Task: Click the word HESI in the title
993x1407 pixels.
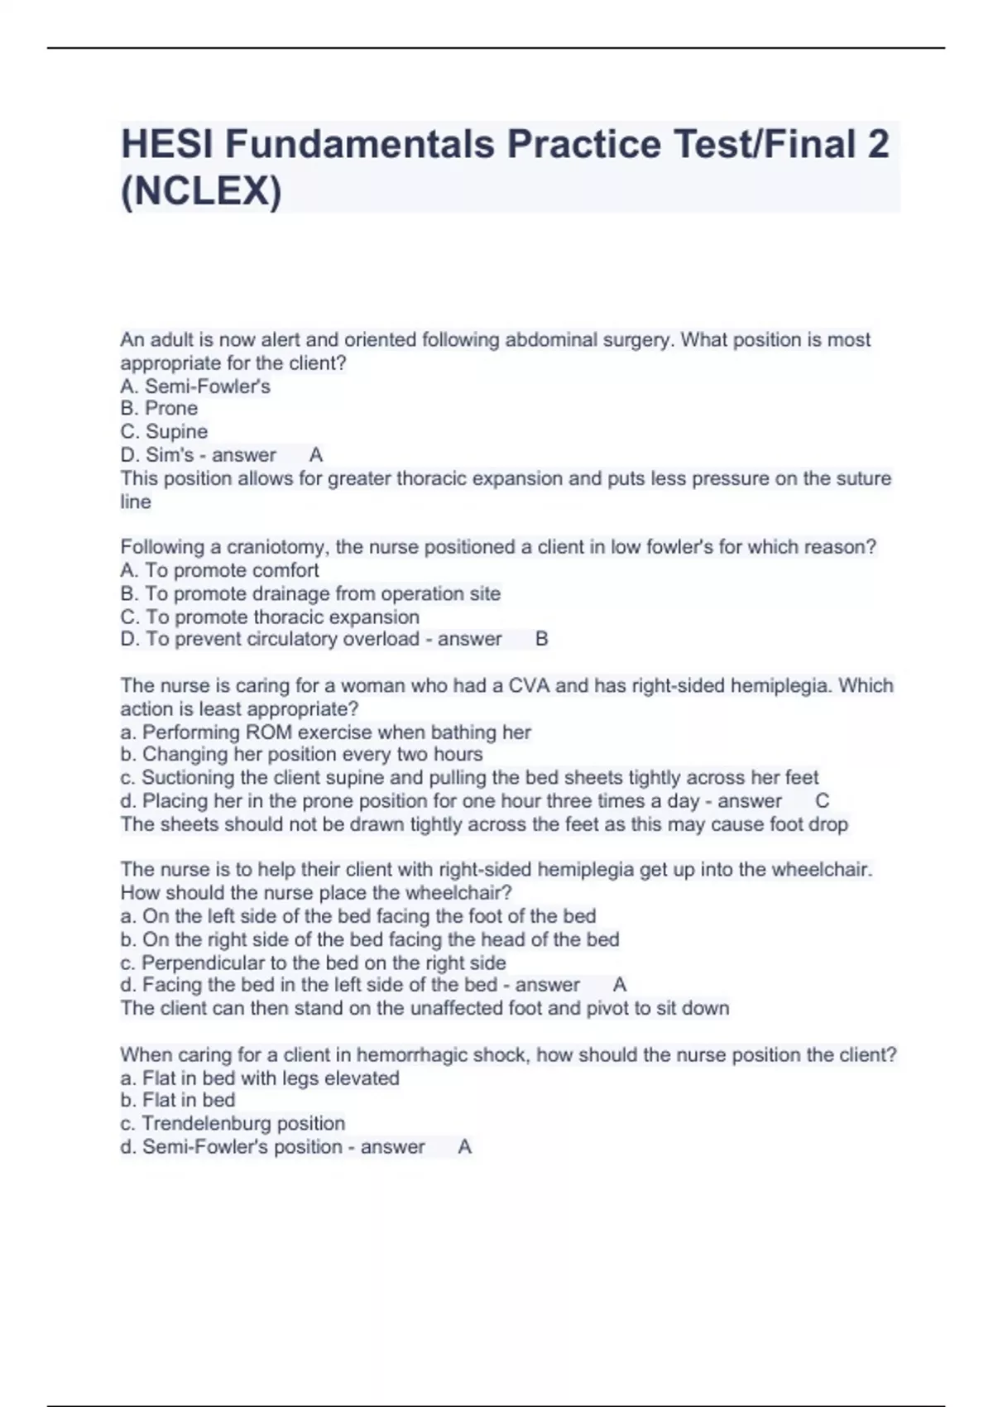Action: pos(167,144)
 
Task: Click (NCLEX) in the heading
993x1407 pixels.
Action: pos(201,191)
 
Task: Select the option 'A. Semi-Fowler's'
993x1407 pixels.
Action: pos(195,387)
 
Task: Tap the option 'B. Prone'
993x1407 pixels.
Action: pos(159,408)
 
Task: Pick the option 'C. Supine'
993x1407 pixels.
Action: pos(164,431)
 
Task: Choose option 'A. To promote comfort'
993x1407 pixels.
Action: pos(219,570)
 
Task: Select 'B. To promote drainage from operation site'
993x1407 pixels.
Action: pos(310,593)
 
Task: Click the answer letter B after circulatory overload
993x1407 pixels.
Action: pos(542,639)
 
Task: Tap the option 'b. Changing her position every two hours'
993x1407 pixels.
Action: pos(301,754)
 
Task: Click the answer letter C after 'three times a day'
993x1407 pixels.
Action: pos(822,800)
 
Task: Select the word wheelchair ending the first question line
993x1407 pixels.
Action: pos(821,869)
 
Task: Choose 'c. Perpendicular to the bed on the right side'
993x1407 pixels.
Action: pos(313,963)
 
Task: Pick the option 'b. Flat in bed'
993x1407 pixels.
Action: pos(178,1100)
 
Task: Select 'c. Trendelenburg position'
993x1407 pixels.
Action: pos(233,1123)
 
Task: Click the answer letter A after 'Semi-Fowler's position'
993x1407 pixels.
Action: pos(464,1146)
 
